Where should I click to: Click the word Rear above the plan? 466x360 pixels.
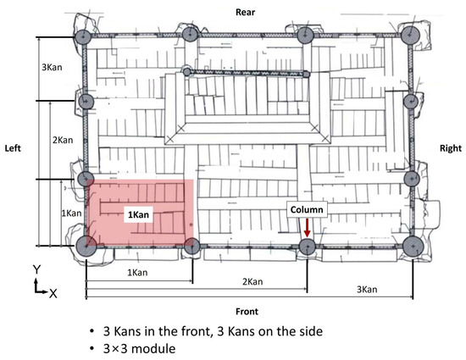pyautogui.click(x=245, y=12)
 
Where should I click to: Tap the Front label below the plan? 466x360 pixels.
pyautogui.click(x=247, y=312)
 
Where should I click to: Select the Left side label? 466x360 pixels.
pyautogui.click(x=13, y=148)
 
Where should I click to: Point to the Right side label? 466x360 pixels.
pyautogui.click(x=451, y=148)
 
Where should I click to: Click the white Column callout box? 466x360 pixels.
pyautogui.click(x=307, y=209)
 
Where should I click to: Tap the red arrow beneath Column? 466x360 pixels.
pyautogui.click(x=307, y=228)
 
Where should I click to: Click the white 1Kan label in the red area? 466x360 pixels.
pyautogui.click(x=138, y=214)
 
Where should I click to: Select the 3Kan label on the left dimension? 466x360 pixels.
pyautogui.click(x=52, y=68)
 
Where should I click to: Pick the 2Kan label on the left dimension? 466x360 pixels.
pyautogui.click(x=63, y=140)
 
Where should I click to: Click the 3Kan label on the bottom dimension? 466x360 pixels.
pyautogui.click(x=367, y=290)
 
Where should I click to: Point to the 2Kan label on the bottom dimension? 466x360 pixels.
pyautogui.click(x=252, y=281)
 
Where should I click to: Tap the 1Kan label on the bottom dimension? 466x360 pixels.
pyautogui.click(x=137, y=273)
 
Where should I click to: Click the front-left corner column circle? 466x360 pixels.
pyautogui.click(x=86, y=246)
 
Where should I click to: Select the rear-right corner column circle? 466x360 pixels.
pyautogui.click(x=410, y=35)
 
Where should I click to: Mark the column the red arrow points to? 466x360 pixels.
pyautogui.click(x=307, y=246)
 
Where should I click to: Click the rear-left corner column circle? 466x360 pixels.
pyautogui.click(x=83, y=37)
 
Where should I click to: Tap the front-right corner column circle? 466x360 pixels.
pyautogui.click(x=413, y=246)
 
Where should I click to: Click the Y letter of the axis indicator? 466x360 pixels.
pyautogui.click(x=36, y=269)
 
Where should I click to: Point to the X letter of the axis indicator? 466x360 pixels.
pyautogui.click(x=53, y=294)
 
